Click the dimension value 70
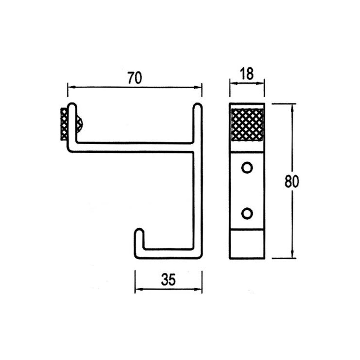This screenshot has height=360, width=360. [x=134, y=78]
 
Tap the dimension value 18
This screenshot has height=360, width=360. [x=247, y=74]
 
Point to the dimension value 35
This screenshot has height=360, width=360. [x=168, y=279]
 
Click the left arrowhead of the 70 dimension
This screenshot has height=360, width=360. [x=70, y=87]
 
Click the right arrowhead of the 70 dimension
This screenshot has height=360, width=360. [x=199, y=87]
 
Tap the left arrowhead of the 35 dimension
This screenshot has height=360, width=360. [x=138, y=290]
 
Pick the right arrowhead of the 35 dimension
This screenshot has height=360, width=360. [x=199, y=290]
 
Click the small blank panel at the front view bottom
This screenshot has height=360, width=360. [x=247, y=244]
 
